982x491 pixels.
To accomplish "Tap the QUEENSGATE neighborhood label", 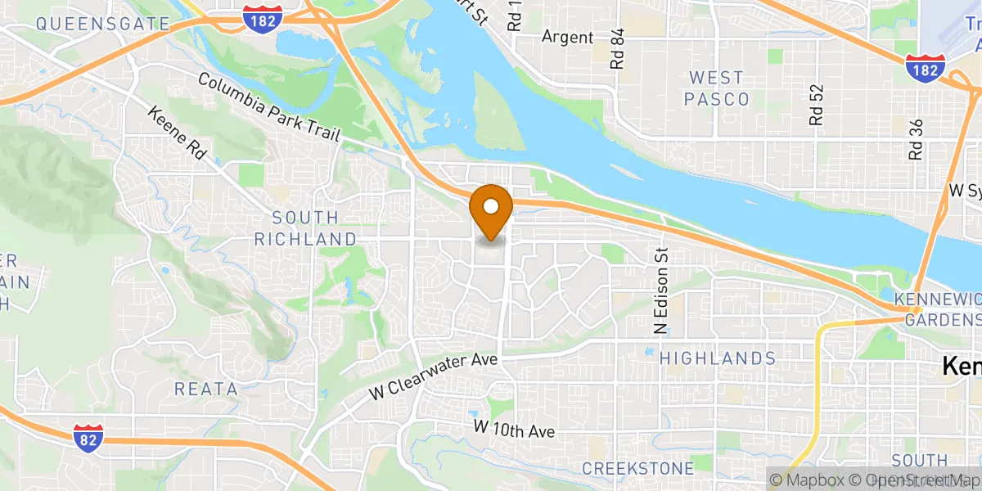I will (x=102, y=24).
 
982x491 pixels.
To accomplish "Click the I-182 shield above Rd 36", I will (x=925, y=67).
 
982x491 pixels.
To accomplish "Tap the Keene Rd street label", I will (x=176, y=132).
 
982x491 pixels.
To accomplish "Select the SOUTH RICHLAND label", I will (x=305, y=228).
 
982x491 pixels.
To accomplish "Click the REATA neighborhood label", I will (x=205, y=389).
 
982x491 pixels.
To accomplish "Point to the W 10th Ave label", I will (x=514, y=429).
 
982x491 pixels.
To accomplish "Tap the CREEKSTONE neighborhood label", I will (x=637, y=469).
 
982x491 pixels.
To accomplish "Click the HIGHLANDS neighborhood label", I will (x=718, y=358).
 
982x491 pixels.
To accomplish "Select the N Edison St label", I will (x=661, y=292).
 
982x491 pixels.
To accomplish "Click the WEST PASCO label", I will (x=718, y=88).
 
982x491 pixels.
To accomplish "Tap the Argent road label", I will (x=567, y=38).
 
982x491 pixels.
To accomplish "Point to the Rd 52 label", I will (x=815, y=106).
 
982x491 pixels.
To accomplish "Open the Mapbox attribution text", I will (x=810, y=480).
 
